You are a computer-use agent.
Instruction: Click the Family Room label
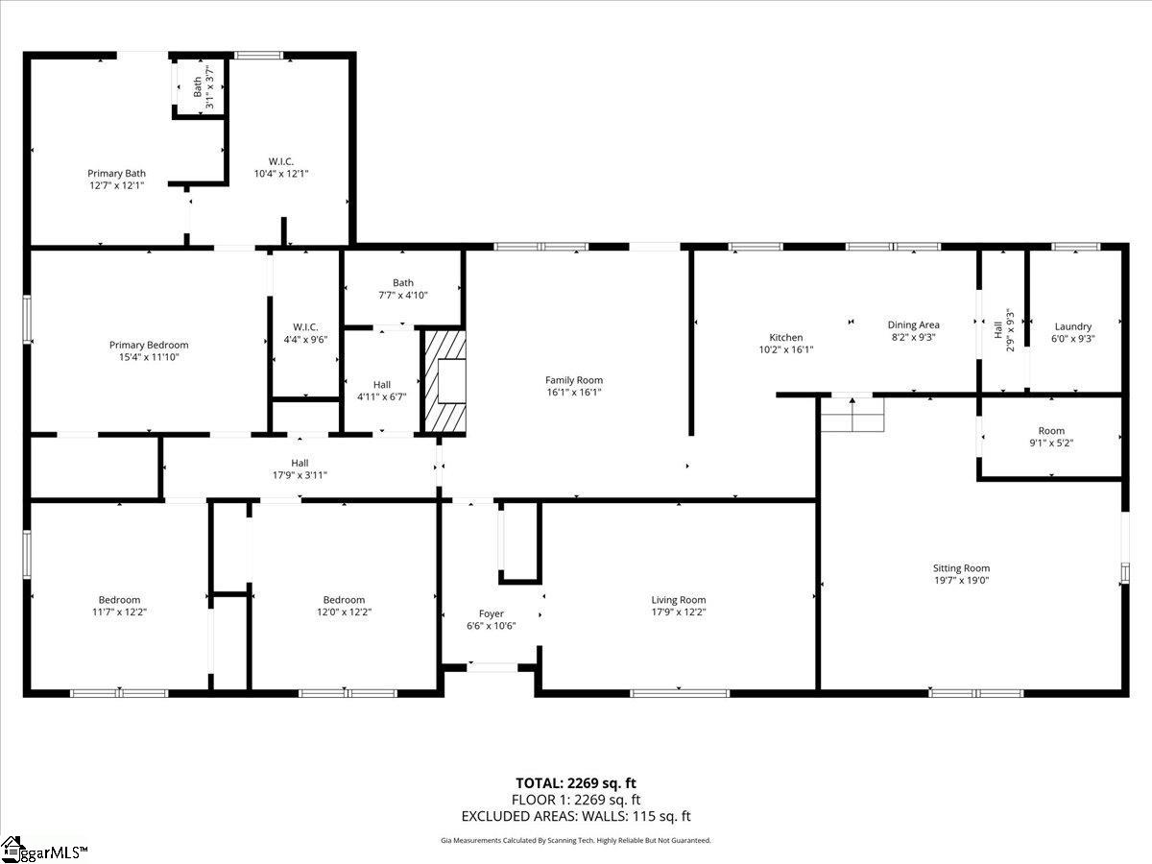click(x=574, y=380)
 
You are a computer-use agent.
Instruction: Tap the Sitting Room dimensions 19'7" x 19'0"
click(x=962, y=580)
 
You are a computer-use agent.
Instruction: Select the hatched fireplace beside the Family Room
click(x=444, y=381)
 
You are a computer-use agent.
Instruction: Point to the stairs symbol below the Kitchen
click(x=852, y=415)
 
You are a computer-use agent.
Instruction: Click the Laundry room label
click(x=1072, y=326)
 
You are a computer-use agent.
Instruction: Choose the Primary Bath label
click(x=116, y=173)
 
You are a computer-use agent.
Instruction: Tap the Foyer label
click(x=492, y=613)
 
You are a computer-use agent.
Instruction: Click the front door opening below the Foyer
click(x=492, y=668)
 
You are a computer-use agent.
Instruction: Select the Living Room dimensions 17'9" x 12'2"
click(x=679, y=612)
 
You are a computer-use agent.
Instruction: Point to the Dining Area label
click(x=913, y=325)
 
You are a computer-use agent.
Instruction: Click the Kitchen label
click(x=785, y=337)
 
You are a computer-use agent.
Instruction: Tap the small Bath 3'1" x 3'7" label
click(x=204, y=87)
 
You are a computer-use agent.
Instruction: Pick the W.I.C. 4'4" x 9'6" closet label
click(x=305, y=333)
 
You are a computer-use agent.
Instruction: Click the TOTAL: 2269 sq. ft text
click(x=576, y=783)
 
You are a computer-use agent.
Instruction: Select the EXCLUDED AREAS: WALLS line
click(x=576, y=816)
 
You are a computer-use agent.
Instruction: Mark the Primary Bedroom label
click(x=149, y=346)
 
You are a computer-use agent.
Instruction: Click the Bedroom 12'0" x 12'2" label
click(x=345, y=606)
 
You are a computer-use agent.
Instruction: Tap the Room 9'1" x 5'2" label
click(x=1051, y=437)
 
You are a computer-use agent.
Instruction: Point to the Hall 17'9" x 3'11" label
click(x=300, y=469)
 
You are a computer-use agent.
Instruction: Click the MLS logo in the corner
click(x=43, y=850)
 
